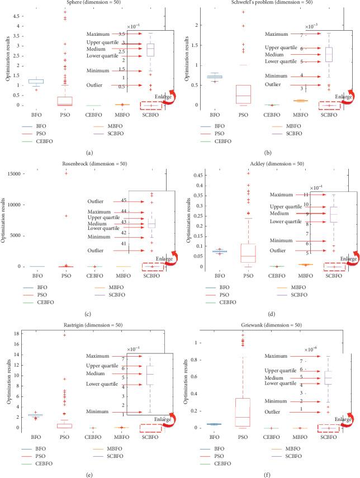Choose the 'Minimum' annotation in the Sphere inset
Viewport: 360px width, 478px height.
coord(98,70)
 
